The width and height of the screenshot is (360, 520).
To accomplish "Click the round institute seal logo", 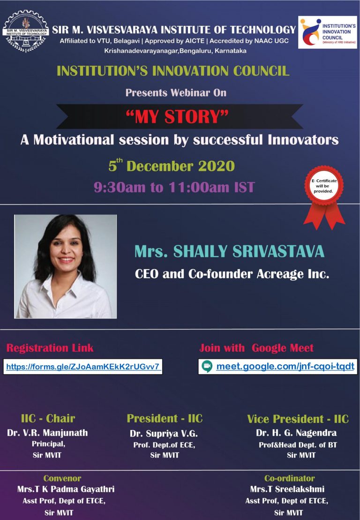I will (x=25, y=33).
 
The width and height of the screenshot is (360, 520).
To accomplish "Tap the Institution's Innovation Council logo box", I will (x=327, y=32).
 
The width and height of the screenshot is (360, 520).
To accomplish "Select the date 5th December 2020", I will (x=172, y=166).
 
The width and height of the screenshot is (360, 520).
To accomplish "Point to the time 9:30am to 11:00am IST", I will (x=174, y=188).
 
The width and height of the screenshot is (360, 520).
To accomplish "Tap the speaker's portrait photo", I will (x=66, y=266).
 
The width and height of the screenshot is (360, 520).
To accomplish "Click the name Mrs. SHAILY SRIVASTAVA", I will (x=229, y=251).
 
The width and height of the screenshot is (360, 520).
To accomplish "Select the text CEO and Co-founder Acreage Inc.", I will (x=232, y=274).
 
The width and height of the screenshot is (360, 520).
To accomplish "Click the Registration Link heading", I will (x=50, y=348).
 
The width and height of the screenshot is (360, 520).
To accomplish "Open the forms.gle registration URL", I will (x=83, y=366).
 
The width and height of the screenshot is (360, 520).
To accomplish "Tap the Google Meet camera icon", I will (x=207, y=366).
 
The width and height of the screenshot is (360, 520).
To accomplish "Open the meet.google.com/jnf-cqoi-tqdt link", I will (x=285, y=366).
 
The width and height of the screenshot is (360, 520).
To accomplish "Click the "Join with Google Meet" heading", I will (x=256, y=348).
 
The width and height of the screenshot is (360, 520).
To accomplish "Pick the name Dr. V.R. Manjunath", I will (x=47, y=433).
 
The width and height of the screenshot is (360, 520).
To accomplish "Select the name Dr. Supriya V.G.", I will (x=164, y=434).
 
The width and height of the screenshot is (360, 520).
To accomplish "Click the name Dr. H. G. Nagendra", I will (x=296, y=433).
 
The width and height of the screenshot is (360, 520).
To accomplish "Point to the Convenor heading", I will (x=62, y=478).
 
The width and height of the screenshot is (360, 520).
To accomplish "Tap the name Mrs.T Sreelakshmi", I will (x=287, y=490).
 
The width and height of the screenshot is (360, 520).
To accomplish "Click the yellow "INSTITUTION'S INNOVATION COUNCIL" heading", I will (x=173, y=71).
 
